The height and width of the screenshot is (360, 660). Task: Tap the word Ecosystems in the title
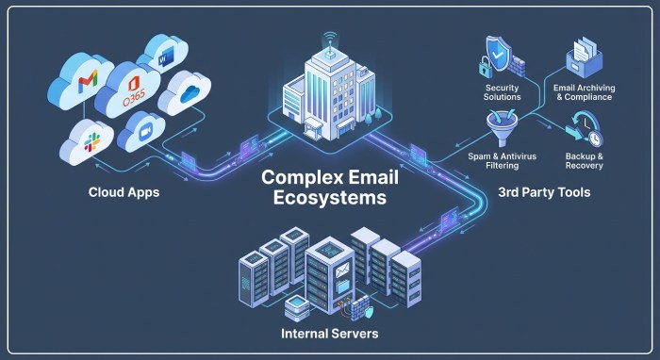coord(323,199)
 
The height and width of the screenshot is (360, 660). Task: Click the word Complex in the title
coord(294,177)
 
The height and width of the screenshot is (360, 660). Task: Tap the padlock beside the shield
coord(483,69)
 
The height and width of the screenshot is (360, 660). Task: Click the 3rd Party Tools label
coord(545,194)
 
